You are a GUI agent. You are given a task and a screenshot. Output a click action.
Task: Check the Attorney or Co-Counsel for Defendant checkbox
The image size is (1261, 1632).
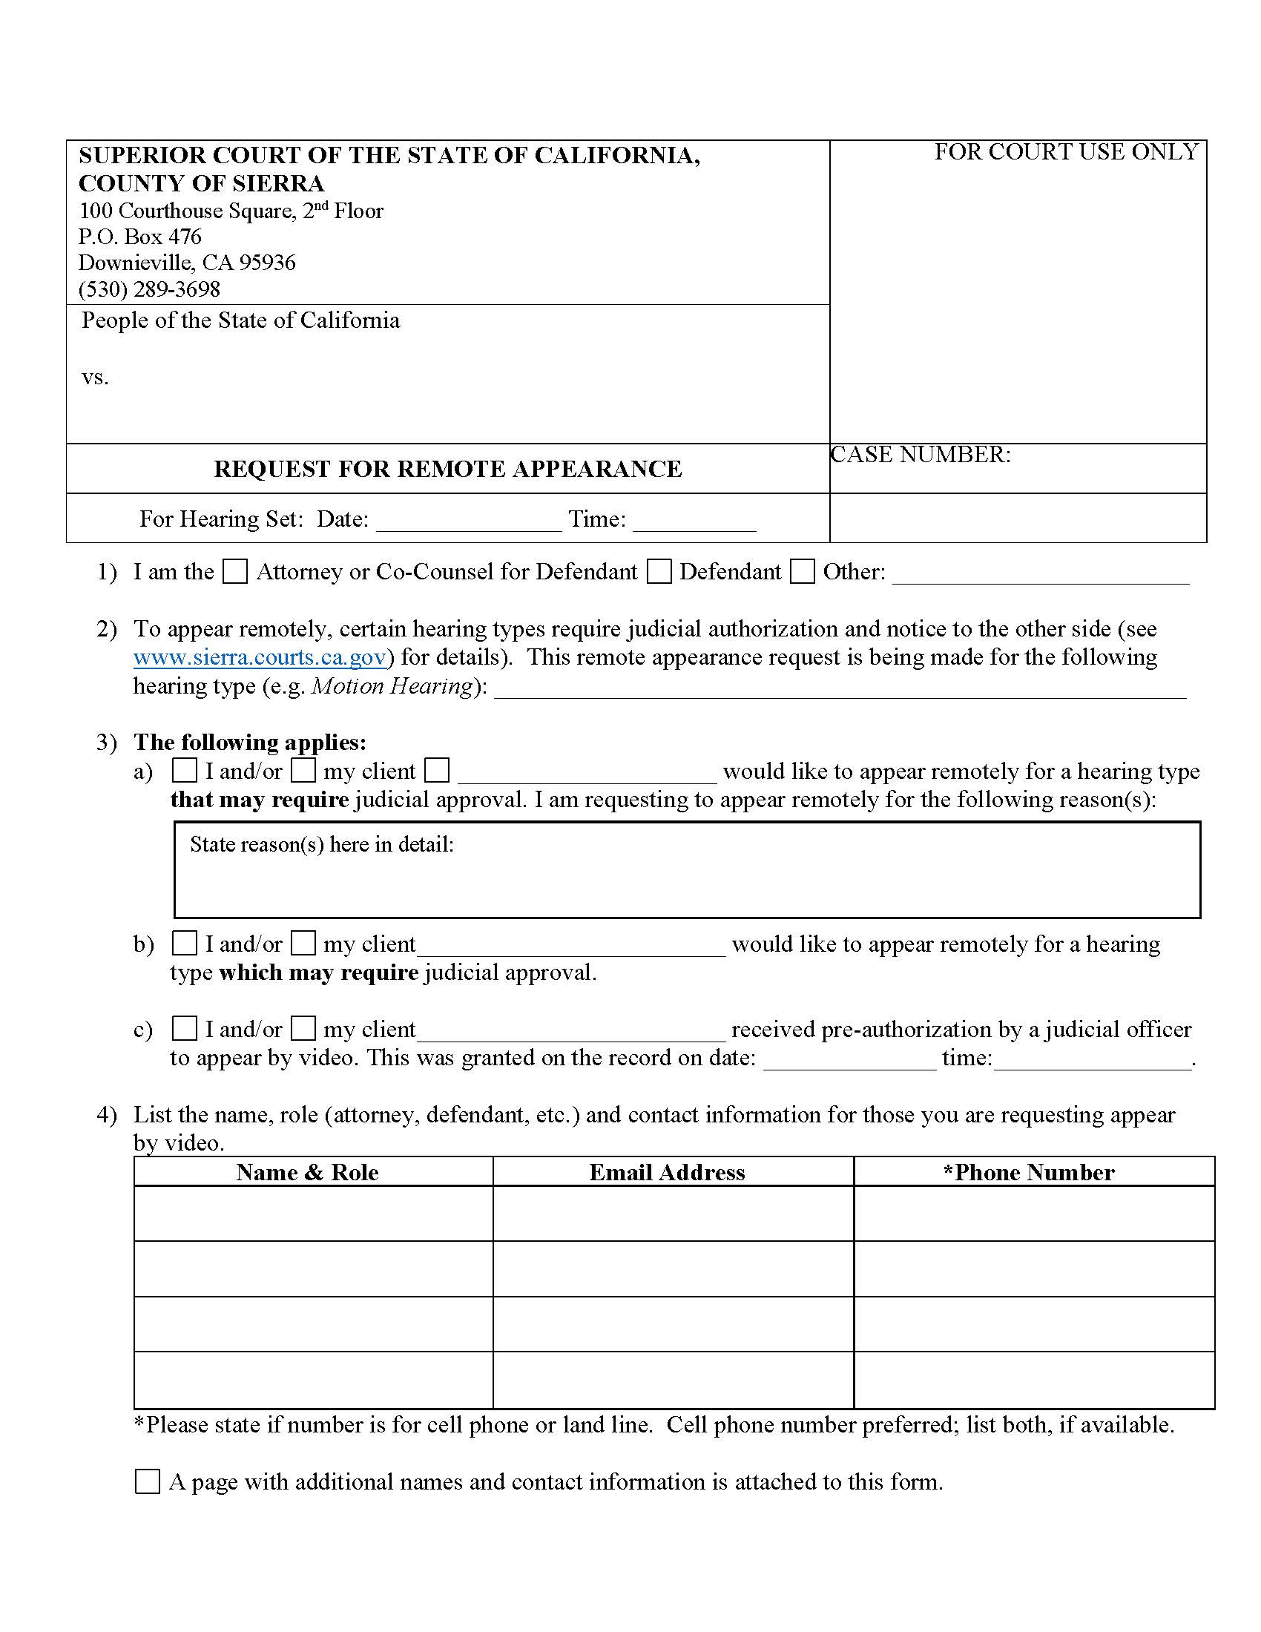[235, 573]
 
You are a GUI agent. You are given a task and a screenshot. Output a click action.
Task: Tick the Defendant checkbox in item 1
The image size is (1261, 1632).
[659, 573]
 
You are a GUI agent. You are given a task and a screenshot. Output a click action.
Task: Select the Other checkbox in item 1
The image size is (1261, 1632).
[803, 573]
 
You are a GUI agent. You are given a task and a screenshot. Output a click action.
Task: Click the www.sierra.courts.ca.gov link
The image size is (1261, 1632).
[260, 657]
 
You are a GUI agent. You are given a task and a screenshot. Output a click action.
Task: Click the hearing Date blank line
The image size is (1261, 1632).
[468, 521]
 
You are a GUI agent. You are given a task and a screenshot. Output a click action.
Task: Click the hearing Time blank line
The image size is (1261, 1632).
[694, 521]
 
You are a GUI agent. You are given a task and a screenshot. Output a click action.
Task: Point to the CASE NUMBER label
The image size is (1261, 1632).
[921, 454]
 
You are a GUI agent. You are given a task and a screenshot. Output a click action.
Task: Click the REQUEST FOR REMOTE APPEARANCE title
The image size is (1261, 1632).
[447, 469]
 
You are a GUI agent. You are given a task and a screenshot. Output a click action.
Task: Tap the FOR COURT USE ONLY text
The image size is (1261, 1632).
[1066, 151]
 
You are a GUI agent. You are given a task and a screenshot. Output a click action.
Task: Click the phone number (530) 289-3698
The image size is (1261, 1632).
[149, 289]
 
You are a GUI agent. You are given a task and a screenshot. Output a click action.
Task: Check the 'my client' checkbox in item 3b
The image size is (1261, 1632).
[303, 943]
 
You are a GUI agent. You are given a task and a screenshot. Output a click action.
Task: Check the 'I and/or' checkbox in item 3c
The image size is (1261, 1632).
[185, 1028]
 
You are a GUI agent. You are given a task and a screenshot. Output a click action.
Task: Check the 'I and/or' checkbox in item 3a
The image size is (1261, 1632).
[185, 770]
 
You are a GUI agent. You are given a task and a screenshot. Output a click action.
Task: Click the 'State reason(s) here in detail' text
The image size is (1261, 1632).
[322, 844]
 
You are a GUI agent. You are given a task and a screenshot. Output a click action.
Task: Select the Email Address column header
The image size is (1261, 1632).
[666, 1171]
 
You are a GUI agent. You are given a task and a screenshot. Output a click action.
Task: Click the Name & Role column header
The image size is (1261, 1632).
[307, 1171]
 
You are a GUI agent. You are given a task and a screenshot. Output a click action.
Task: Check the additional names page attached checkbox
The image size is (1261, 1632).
[147, 1481]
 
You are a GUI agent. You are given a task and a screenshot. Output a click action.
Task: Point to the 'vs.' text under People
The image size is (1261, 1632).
[95, 378]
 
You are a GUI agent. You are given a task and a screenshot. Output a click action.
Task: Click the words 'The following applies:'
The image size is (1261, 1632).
[249, 742]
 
